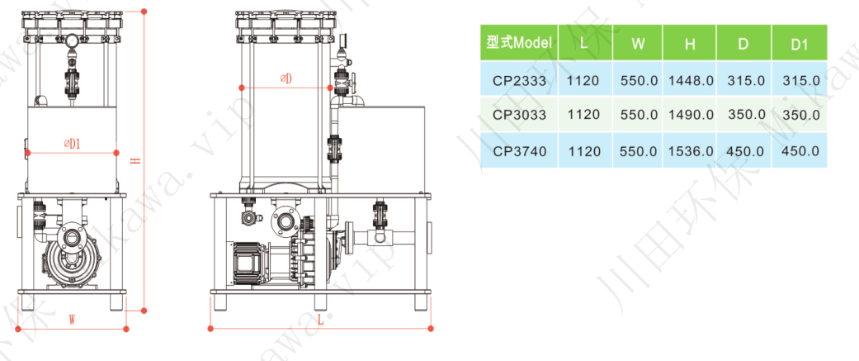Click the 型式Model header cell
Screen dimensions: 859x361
click(519, 43)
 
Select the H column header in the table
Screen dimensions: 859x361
click(690, 43)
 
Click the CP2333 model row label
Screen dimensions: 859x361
click(519, 81)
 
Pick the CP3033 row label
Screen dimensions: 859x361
click(519, 115)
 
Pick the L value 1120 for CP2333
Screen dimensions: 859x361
click(583, 81)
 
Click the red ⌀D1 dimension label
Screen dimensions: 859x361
click(73, 144)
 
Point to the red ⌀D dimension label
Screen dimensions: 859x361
click(286, 79)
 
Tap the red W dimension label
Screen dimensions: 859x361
click(72, 320)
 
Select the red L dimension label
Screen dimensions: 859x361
click(320, 321)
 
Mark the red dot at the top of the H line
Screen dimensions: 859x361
click(144, 11)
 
